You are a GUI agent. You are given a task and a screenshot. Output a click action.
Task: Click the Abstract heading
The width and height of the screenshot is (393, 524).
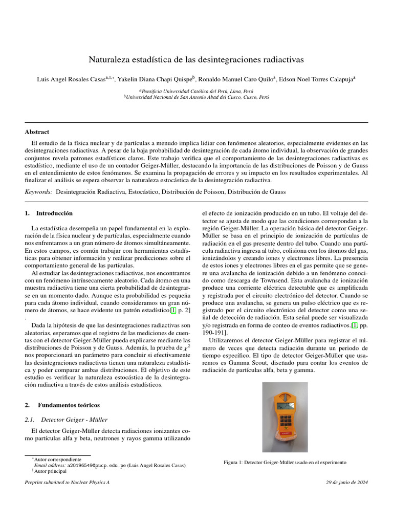point(37,132)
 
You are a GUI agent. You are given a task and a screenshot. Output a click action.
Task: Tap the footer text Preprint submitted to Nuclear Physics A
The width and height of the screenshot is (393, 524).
point(68,483)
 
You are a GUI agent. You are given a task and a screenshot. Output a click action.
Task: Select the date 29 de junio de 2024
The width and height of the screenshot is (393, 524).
point(347,483)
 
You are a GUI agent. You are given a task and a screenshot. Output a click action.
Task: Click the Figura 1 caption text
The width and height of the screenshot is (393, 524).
point(285,463)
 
